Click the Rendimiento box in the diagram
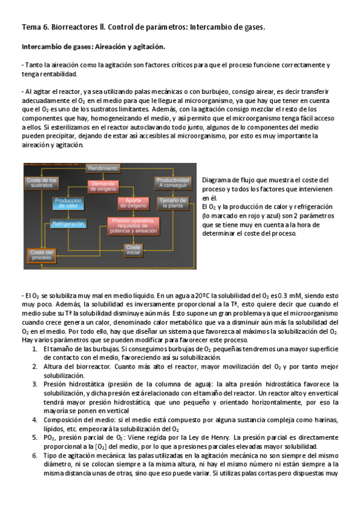click(104, 168)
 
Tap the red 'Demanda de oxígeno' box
click(104, 186)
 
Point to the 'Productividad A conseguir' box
click(172, 183)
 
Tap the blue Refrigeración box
click(68, 224)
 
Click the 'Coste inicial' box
click(133, 249)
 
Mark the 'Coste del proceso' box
click(41, 255)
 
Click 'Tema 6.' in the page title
click(35, 27)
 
